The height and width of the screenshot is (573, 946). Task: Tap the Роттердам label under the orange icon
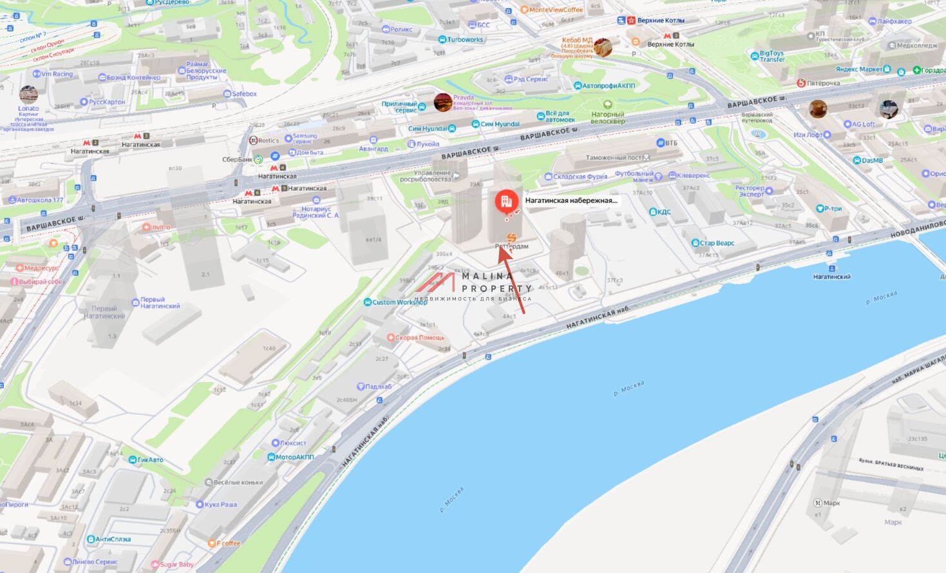pos(512,246)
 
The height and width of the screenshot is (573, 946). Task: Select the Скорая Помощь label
pos(419,338)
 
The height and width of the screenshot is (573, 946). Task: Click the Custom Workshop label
pos(399,302)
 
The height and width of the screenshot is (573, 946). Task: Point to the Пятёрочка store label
pos(823,83)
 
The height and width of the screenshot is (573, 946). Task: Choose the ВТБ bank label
pos(671,142)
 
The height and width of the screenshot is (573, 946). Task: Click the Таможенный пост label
pos(614,158)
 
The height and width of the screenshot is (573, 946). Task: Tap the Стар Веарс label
pos(717,243)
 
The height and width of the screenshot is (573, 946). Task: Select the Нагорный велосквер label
pos(607,117)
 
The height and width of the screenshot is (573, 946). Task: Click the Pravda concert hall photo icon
pos(443,102)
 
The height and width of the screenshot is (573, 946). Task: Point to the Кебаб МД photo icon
pos(603,47)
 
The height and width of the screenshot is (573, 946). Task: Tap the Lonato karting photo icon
pos(28,95)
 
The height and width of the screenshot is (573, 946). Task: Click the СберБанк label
pos(238,159)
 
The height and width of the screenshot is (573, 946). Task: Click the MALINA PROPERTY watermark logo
pos(474,286)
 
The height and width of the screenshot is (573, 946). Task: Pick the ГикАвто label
pos(150,460)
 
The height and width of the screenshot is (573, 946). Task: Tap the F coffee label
pos(228,543)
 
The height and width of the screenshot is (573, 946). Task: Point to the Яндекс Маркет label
pos(859,70)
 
